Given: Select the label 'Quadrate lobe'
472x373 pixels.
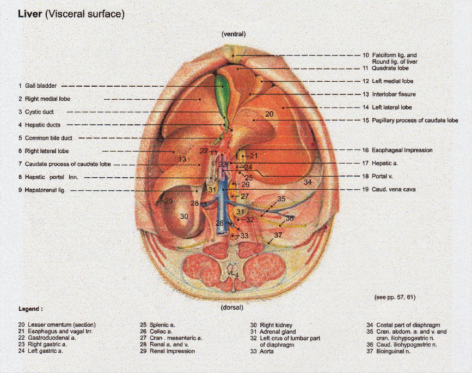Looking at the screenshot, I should tap(390, 68).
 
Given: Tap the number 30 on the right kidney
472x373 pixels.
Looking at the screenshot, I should tap(185, 216).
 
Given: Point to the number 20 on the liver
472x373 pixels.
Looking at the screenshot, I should tap(269, 115).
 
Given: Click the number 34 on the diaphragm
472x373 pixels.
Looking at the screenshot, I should tap(308, 182).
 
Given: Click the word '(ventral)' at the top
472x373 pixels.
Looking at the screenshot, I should tap(234, 34).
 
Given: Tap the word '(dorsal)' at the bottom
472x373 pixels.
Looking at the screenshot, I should tap(234, 307).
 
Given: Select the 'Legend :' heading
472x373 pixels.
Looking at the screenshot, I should tap(30, 309).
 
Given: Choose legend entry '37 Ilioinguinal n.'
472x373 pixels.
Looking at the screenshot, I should tap(388, 352).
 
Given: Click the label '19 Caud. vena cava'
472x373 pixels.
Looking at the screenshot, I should tap(393, 189).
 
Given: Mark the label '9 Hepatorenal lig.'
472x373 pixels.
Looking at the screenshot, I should tap(42, 190).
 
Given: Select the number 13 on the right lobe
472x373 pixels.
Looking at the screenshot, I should tap(182, 159).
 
